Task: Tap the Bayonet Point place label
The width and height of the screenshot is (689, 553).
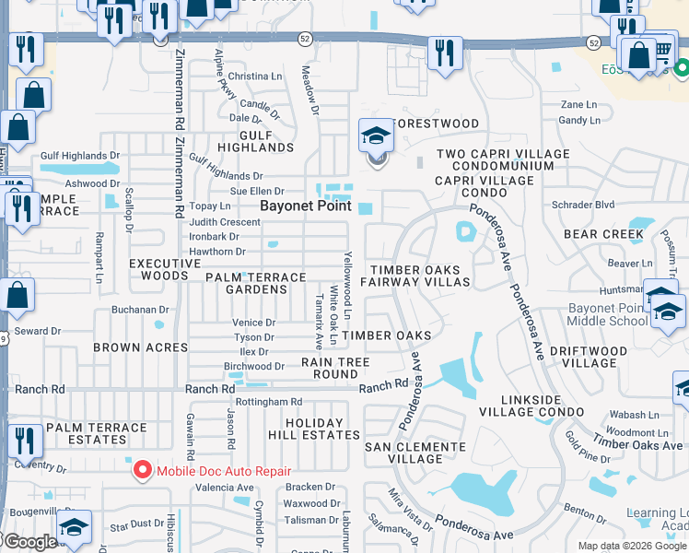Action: [x=306, y=206]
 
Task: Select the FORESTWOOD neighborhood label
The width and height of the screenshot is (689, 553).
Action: [x=437, y=124]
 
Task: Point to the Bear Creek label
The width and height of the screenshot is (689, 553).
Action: [x=603, y=234]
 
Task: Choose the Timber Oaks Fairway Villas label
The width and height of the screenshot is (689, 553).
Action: [x=420, y=276]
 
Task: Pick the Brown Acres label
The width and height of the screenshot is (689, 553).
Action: [x=141, y=347]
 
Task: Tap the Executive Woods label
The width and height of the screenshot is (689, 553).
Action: [x=164, y=269]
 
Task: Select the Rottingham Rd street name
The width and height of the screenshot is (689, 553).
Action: [x=269, y=402]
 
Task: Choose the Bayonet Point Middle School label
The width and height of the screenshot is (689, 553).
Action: [x=607, y=313]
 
